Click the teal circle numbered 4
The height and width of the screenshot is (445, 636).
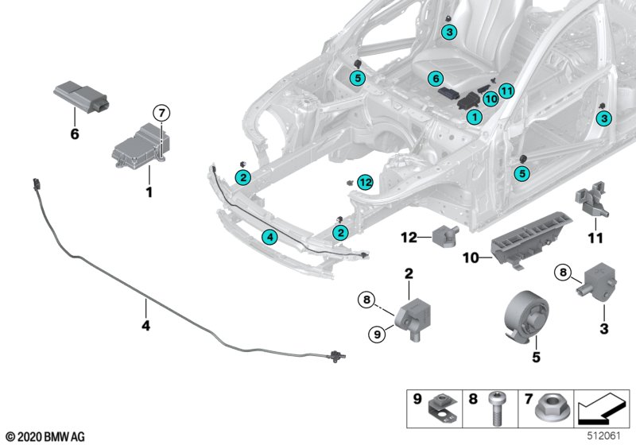270,237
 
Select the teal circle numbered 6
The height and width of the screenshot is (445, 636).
436,78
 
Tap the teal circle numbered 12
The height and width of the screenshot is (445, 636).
366,183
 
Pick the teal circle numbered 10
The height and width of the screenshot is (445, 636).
491,99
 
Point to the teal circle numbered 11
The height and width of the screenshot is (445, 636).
506,91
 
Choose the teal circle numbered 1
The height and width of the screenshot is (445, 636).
474,117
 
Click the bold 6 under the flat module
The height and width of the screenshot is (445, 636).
75,133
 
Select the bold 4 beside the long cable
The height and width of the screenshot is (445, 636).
146,325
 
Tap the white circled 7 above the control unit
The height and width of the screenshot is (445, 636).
161,112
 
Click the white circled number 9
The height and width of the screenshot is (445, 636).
377,335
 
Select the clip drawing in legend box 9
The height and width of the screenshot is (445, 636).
444,410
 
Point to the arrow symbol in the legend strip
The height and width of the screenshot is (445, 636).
603,408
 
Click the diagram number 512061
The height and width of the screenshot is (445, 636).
604,435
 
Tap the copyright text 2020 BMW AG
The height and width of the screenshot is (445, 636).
45,437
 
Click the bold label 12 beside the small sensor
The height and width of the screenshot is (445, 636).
409,238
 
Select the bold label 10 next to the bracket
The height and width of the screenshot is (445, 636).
471,257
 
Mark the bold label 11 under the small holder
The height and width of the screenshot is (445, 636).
595,238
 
